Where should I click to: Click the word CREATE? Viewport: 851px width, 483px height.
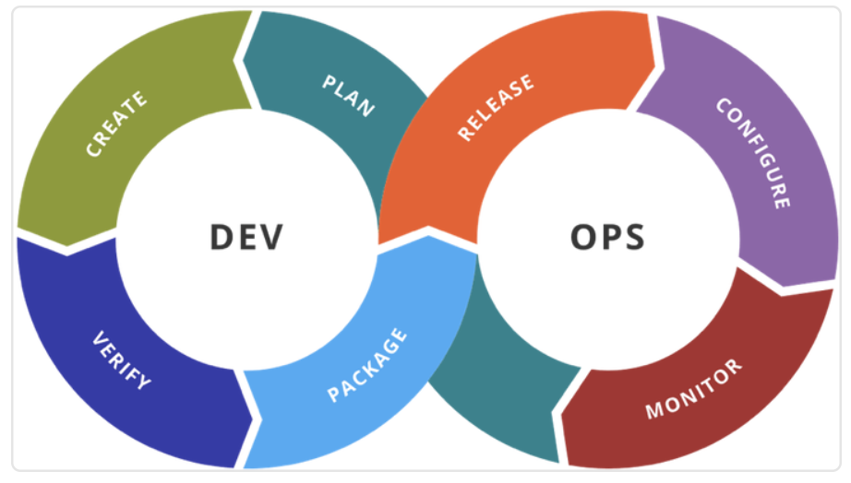[x=116, y=124]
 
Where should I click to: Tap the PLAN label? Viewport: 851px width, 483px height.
[x=349, y=96]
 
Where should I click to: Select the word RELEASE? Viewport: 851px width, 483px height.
[x=496, y=107]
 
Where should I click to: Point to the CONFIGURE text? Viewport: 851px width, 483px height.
[x=753, y=153]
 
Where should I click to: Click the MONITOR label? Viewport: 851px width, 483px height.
[x=693, y=389]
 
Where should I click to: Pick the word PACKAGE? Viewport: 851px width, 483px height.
[x=366, y=365]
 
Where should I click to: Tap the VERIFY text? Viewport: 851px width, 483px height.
[x=122, y=360]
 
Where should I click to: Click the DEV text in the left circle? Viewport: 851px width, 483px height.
[x=246, y=237]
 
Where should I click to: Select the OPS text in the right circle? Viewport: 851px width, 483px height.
[x=607, y=237]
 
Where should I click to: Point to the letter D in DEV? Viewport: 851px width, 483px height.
[x=222, y=237]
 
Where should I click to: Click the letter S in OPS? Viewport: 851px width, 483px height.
[x=633, y=237]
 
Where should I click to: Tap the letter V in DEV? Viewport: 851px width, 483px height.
[x=270, y=237]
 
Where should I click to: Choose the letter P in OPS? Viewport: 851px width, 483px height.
[x=608, y=237]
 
